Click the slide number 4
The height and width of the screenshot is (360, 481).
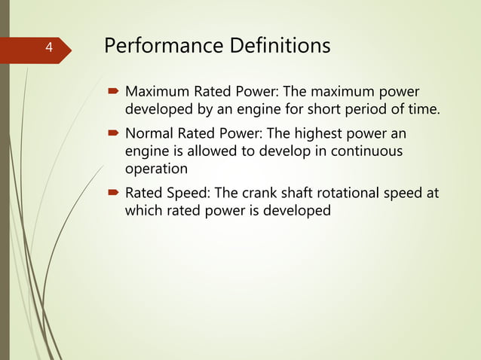(48, 48)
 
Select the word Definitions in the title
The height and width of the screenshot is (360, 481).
(275, 47)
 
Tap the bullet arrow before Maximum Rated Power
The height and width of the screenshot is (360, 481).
(113, 93)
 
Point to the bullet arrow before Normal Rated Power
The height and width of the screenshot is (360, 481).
(113, 133)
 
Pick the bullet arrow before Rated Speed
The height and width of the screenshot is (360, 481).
(113, 193)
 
